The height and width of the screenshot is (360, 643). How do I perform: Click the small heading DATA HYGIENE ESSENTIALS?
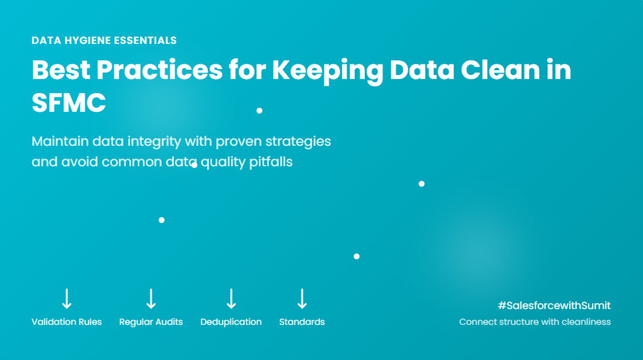pyautogui.click(x=104, y=40)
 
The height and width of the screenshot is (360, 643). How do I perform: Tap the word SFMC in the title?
pyautogui.click(x=69, y=102)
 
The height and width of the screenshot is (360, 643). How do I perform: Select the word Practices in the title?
pyautogui.click(x=159, y=70)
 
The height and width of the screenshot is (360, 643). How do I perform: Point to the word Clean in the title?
pyautogui.click(x=500, y=70)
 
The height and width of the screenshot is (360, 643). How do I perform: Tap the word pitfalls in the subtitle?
pyautogui.click(x=271, y=162)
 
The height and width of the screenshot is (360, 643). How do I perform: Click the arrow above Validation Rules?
pyautogui.click(x=67, y=299)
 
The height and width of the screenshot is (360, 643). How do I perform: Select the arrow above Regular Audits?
pyautogui.click(x=151, y=299)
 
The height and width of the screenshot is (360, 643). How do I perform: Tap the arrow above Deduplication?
pyautogui.click(x=231, y=299)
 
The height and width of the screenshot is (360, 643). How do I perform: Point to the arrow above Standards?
pyautogui.click(x=302, y=299)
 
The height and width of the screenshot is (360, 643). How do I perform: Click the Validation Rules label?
pyautogui.click(x=66, y=322)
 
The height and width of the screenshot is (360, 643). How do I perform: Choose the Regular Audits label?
pyautogui.click(x=151, y=323)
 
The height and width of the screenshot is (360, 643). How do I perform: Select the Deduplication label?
pyautogui.click(x=231, y=323)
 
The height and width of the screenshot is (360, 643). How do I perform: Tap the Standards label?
pyautogui.click(x=302, y=322)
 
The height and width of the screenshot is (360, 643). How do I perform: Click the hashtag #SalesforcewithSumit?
pyautogui.click(x=554, y=306)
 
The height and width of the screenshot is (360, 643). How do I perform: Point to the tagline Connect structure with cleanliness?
pyautogui.click(x=535, y=322)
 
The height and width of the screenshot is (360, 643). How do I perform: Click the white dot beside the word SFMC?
pyautogui.click(x=259, y=110)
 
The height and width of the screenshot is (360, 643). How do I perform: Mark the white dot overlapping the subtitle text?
pyautogui.click(x=194, y=165)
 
